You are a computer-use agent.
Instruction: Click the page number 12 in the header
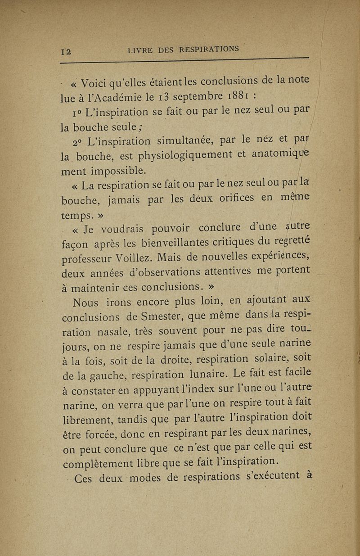click(x=68, y=52)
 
